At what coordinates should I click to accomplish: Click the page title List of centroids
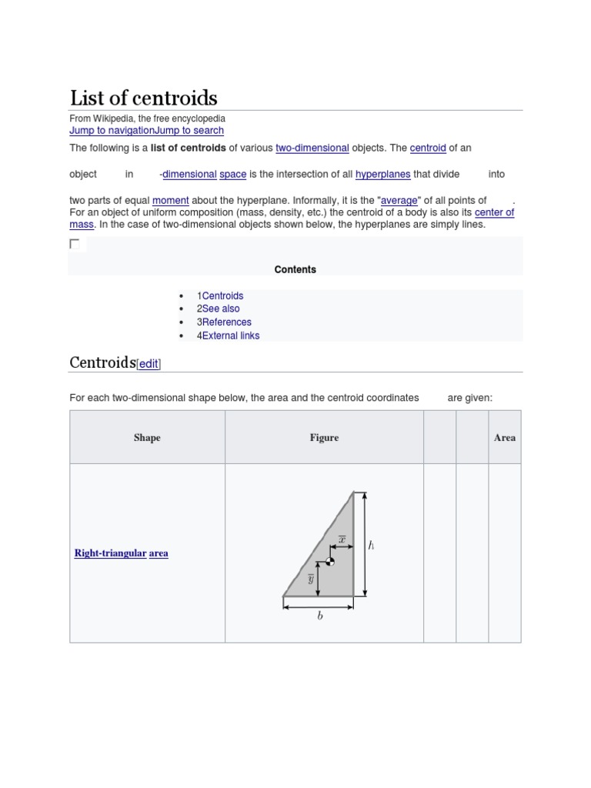(x=144, y=98)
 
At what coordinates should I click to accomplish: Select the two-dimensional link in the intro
(x=312, y=148)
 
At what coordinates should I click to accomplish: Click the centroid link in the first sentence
(x=428, y=148)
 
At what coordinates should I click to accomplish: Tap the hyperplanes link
(x=382, y=175)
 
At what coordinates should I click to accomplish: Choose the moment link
(x=170, y=200)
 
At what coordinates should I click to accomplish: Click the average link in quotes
(x=398, y=200)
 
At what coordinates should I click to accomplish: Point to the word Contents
(x=295, y=269)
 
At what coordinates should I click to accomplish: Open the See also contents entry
(x=221, y=309)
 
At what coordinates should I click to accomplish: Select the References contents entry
(x=226, y=322)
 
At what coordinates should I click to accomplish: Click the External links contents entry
(x=231, y=336)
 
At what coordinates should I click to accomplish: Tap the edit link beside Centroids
(x=149, y=365)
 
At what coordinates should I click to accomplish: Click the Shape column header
(x=147, y=438)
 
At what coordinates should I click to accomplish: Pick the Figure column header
(x=324, y=438)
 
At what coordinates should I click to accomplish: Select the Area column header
(x=505, y=438)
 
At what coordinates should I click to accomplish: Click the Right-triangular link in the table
(x=110, y=553)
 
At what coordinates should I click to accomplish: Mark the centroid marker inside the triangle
(x=330, y=562)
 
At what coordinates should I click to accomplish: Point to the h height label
(x=372, y=546)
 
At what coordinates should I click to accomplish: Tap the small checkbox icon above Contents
(x=75, y=244)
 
